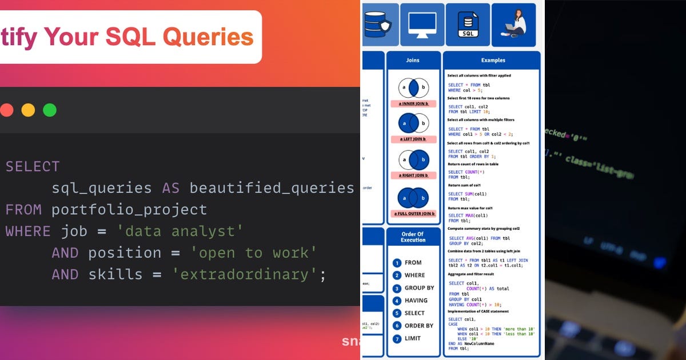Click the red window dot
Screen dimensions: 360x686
point(6,110)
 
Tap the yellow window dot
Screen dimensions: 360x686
point(28,110)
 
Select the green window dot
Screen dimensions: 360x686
point(50,110)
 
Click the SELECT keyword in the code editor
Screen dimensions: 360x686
point(33,167)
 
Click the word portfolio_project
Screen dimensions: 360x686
point(129,210)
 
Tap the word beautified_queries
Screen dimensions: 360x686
point(272,188)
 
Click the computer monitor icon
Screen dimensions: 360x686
point(422,24)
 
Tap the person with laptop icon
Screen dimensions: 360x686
point(514,24)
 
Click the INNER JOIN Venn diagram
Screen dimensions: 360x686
point(413,88)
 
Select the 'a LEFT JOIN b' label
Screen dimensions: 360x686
point(413,139)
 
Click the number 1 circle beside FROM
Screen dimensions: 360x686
point(397,263)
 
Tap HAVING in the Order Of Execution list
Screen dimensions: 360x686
point(416,301)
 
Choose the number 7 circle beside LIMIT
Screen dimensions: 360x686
point(397,338)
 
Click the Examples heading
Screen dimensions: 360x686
point(493,60)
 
